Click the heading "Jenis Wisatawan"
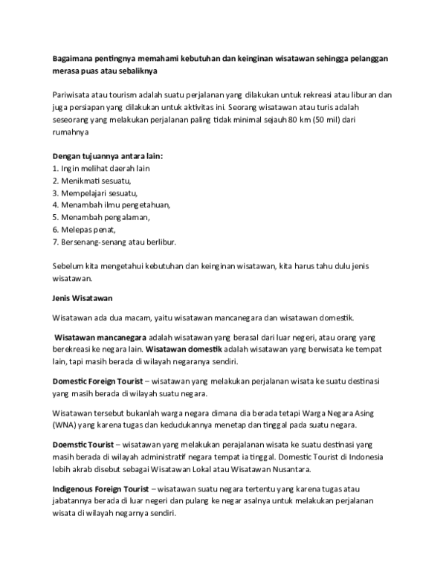pyautogui.click(x=82, y=298)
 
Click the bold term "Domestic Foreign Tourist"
pyautogui.click(x=98, y=381)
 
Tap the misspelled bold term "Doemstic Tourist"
pyautogui.click(x=81, y=443)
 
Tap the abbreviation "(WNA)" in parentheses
pyautogui.click(x=65, y=425)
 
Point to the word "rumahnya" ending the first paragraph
pyautogui.click(x=71, y=132)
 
